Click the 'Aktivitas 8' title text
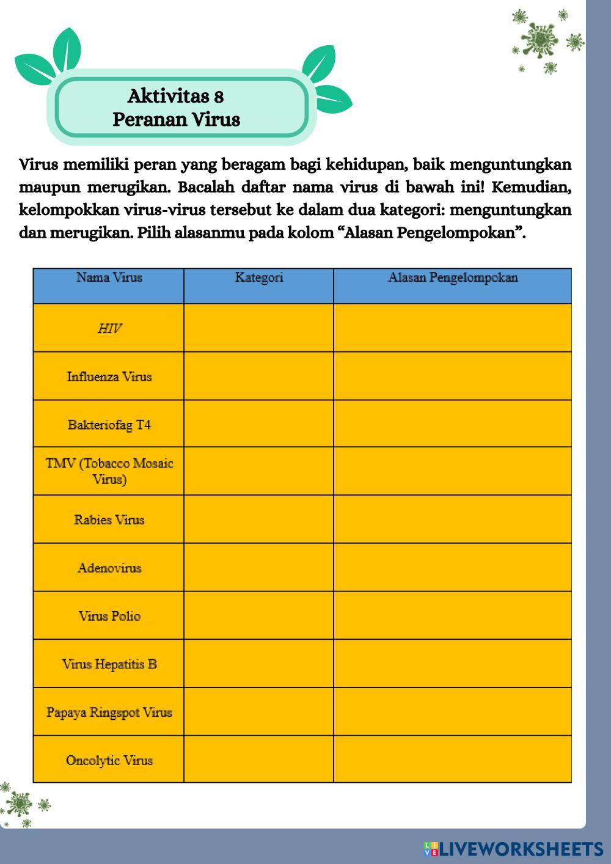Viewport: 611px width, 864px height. tap(175, 96)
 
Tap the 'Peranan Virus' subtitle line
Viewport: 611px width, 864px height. tap(176, 119)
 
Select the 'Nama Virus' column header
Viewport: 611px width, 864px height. tap(109, 277)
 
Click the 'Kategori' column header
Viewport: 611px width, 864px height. tap(258, 277)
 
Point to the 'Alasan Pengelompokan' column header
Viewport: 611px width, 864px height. tap(453, 277)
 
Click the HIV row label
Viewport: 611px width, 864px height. tap(109, 329)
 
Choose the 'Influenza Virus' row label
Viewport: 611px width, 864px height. tap(109, 376)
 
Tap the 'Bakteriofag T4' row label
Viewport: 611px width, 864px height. tap(109, 425)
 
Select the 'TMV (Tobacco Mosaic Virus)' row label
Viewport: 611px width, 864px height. tap(109, 471)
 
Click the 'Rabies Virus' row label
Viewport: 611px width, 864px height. tap(109, 520)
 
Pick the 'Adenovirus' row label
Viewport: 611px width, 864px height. tap(109, 568)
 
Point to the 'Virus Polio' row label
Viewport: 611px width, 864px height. tap(109, 616)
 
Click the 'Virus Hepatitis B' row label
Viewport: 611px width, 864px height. tap(109, 664)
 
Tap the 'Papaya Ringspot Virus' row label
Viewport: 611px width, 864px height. tap(109, 712)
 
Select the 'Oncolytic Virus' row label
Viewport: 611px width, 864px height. tap(109, 761)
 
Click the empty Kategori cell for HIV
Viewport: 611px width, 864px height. tap(258, 328)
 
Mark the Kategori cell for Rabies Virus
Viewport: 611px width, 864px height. tap(258, 519)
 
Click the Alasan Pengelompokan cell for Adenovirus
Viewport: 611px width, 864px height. tap(453, 568)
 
